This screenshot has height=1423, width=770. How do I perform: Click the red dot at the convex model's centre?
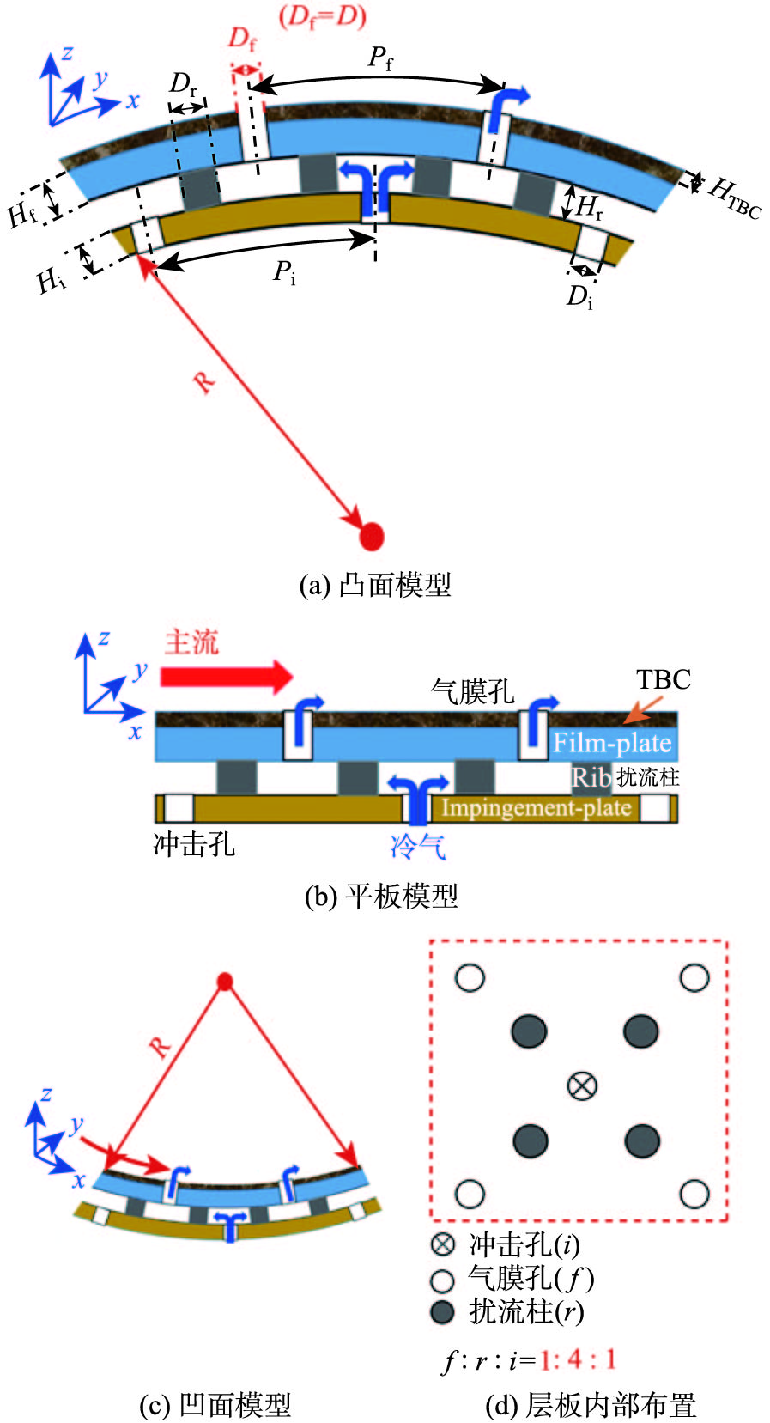pyautogui.click(x=371, y=536)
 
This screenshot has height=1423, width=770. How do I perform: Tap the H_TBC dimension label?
pyautogui.click(x=734, y=198)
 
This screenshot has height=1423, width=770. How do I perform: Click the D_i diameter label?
pyautogui.click(x=579, y=297)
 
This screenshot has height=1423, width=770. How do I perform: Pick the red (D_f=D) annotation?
pyautogui.click(x=323, y=16)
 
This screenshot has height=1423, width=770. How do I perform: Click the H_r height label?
pyautogui.click(x=589, y=207)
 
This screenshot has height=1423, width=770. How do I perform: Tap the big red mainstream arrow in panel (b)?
pyautogui.click(x=227, y=676)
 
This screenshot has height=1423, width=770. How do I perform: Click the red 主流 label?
pyautogui.click(x=191, y=642)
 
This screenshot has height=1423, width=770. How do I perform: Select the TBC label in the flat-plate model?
pyautogui.click(x=663, y=679)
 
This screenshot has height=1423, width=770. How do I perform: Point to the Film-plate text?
pyautogui.click(x=611, y=742)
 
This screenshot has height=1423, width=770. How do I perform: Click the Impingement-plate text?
pyautogui.click(x=536, y=808)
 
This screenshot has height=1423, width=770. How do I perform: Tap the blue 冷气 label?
pyautogui.click(x=418, y=847)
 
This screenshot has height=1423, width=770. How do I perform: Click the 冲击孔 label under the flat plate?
pyautogui.click(x=194, y=844)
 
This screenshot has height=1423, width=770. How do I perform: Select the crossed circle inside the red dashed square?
pyautogui.click(x=582, y=1085)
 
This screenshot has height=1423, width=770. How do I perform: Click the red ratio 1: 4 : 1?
pyautogui.click(x=577, y=1359)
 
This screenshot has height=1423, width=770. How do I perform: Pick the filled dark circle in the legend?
pyautogui.click(x=442, y=1311)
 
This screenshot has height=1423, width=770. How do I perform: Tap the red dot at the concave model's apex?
pyautogui.click(x=225, y=981)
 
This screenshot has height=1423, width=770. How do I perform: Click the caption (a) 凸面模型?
pyautogui.click(x=374, y=585)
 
